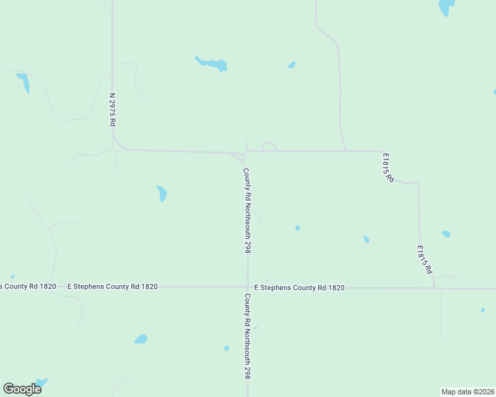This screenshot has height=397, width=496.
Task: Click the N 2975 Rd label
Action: (x=113, y=110)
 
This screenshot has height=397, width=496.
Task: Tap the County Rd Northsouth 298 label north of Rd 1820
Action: (x=247, y=210)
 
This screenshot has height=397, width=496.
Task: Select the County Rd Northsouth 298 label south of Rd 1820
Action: (x=247, y=336)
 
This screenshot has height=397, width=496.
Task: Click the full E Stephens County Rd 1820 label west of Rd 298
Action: (x=113, y=287)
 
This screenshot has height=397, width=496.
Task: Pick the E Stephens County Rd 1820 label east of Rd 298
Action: (x=300, y=287)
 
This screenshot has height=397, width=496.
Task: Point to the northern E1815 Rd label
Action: (x=388, y=168)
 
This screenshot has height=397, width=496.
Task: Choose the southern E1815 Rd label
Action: (x=424, y=260)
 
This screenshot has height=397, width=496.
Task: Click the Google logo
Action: (x=22, y=388)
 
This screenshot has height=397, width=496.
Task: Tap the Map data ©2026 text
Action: (x=467, y=392)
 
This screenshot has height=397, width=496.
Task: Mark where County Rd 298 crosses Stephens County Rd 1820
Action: (x=247, y=287)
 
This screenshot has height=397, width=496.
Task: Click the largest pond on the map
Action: (x=212, y=64)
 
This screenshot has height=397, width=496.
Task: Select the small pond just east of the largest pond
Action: (x=291, y=65)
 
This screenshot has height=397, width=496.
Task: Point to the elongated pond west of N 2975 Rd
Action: (x=23, y=83)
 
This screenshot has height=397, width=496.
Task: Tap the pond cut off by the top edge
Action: (x=446, y=7)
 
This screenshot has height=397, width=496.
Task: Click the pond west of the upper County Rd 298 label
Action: (x=162, y=194)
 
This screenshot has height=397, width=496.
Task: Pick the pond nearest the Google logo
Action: (x=40, y=382)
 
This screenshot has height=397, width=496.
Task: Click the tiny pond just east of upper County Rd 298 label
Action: (x=297, y=228)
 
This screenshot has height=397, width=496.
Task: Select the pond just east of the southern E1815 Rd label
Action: (x=446, y=234)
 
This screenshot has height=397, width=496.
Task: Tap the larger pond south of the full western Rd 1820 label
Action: (x=141, y=339)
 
